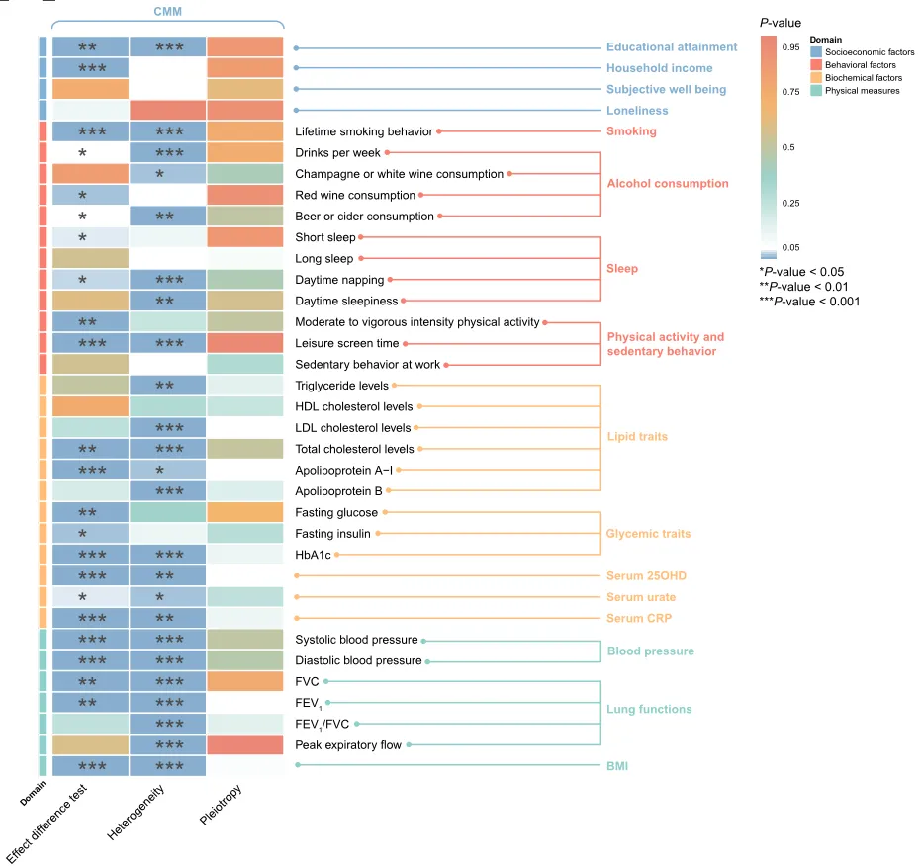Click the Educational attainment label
(672, 47)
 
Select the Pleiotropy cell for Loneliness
(245, 110)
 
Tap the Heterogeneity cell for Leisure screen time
(167, 343)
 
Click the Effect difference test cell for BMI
(91, 766)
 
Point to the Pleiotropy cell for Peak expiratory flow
(245, 744)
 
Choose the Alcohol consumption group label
(668, 183)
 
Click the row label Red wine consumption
(355, 195)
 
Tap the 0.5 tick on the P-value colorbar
(788, 147)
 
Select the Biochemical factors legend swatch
(816, 77)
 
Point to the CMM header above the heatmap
(167, 11)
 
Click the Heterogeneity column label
(136, 812)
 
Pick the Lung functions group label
(649, 709)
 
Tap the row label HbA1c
(313, 555)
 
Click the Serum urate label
(641, 597)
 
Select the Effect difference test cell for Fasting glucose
(91, 512)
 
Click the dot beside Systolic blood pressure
(423, 641)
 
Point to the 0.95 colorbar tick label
(790, 47)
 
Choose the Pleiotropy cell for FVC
(245, 681)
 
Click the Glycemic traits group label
(648, 534)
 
